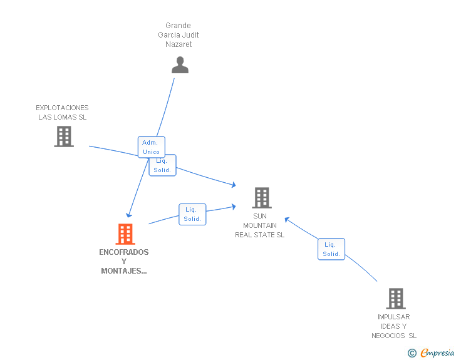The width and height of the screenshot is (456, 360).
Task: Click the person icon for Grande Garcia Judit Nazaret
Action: [x=180, y=65]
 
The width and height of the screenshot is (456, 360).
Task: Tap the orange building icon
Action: [x=125, y=234]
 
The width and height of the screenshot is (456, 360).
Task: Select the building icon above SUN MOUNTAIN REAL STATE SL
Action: [x=262, y=198]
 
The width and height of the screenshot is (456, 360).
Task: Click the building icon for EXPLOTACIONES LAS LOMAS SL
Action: [x=64, y=136]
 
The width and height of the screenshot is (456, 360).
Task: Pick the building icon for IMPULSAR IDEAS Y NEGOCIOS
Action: [x=396, y=299]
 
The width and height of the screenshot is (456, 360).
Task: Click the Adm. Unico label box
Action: [x=151, y=147]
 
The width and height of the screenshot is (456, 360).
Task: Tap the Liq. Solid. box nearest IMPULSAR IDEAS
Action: [x=331, y=249]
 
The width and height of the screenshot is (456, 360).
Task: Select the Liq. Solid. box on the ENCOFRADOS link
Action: [x=192, y=214]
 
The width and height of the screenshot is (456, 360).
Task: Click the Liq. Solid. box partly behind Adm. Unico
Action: [x=163, y=167]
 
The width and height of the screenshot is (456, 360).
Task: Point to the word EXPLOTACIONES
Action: [x=62, y=108]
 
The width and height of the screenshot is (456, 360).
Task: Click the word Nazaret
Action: [x=179, y=44]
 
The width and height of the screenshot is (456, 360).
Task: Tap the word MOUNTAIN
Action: [x=260, y=225]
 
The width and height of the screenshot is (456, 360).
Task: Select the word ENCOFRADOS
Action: [x=124, y=252]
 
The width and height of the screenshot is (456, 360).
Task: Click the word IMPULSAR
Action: [x=394, y=317]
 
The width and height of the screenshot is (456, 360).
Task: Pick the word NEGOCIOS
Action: [x=388, y=336]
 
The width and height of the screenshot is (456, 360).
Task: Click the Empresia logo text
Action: [x=437, y=353]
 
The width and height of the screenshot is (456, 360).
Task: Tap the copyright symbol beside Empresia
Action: [x=412, y=353]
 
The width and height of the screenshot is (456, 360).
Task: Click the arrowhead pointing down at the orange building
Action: [x=129, y=215]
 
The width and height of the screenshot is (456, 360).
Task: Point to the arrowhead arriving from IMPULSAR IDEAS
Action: [x=287, y=220]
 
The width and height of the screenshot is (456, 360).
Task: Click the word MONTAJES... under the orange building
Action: [x=124, y=271]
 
